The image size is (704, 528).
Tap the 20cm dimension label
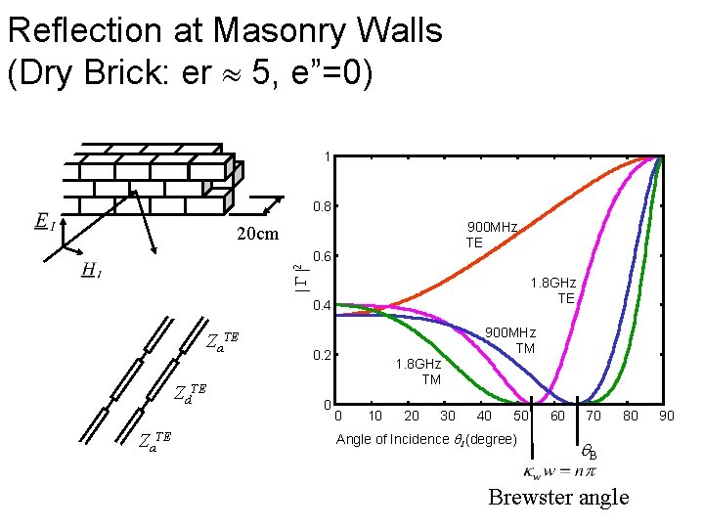pos(258,234)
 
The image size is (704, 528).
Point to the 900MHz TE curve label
pos(491,235)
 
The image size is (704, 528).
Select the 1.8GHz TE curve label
pos(553,290)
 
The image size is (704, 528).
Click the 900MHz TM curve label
pos(510,340)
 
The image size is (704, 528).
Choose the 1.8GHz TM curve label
pos(418,372)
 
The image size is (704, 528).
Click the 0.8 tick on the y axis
pos(320,207)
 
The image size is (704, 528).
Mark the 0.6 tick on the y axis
pos(320,257)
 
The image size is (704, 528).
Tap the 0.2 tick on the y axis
pos(320,355)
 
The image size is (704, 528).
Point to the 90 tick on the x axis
pos(666,417)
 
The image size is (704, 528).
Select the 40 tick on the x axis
pos(484,417)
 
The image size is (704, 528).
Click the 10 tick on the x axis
pos(374,417)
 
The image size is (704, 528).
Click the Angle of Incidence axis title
pos(426,440)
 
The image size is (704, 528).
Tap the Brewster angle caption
pos(558,498)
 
